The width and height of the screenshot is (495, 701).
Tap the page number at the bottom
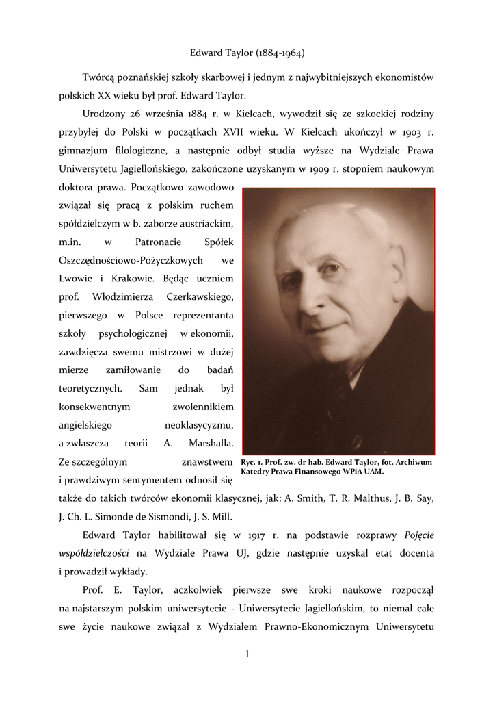tap(247, 654)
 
